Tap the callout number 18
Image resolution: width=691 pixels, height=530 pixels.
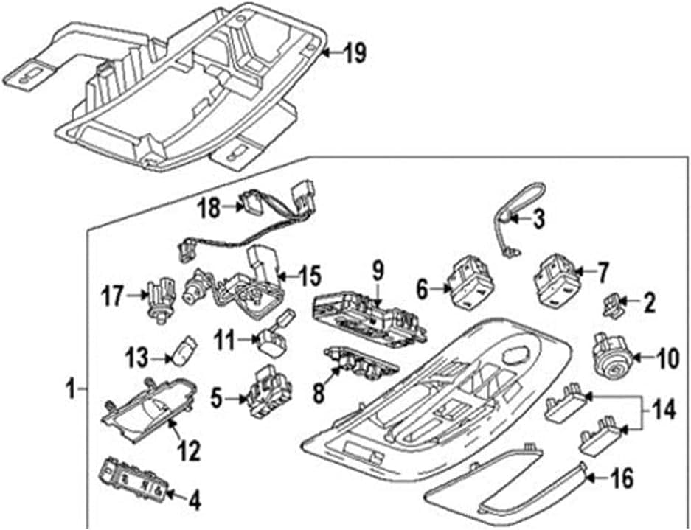point(209,209)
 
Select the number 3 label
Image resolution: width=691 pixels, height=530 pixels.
point(538,218)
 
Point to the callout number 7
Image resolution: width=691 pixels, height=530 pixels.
point(603,273)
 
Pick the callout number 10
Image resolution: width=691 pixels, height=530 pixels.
point(666,360)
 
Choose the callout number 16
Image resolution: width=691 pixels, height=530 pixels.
point(622,479)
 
